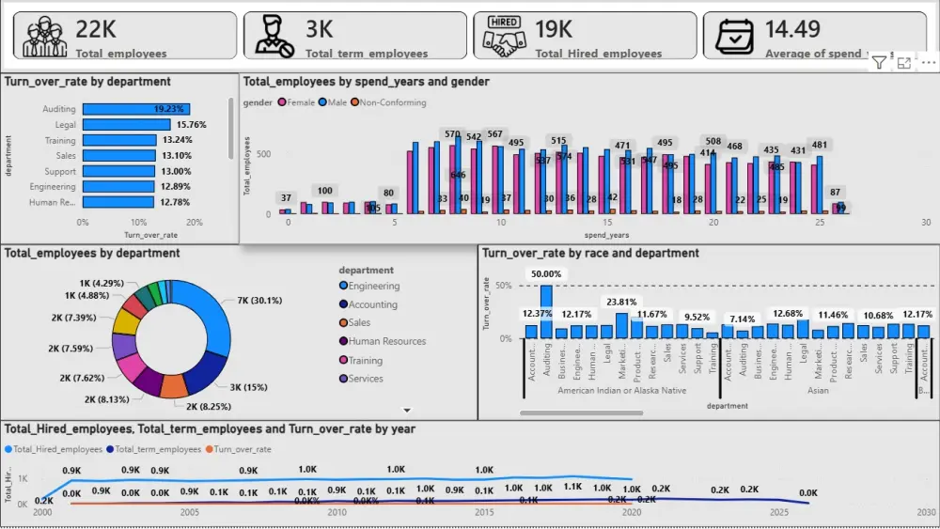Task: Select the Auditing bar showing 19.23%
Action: [x=136, y=109]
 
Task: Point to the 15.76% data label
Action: [x=191, y=125]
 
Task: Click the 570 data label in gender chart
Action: [x=453, y=134]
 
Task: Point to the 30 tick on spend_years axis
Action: [x=926, y=223]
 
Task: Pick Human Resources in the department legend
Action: [x=386, y=342]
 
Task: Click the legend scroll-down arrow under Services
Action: [x=407, y=411]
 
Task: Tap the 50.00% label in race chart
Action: [x=546, y=274]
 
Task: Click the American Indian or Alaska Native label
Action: [x=621, y=390]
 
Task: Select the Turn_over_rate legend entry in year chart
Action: [x=242, y=449]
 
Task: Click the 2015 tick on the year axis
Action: [x=484, y=513]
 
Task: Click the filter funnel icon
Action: [x=878, y=63]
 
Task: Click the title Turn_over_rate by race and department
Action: [x=590, y=253]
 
